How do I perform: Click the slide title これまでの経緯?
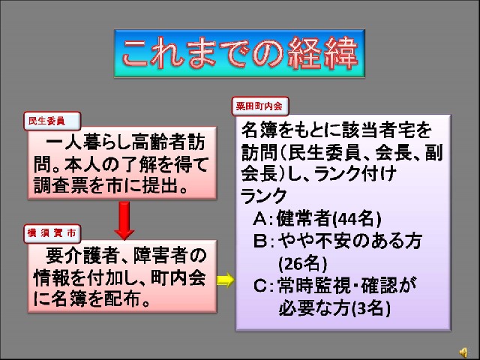pos(240,53)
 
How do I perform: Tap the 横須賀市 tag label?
pos(52,233)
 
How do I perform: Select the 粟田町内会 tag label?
pos(260,106)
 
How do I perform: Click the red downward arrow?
pos(124,220)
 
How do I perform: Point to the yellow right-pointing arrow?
pos(226,280)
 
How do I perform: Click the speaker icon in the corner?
pos(463,352)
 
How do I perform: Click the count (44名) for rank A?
pos(357,218)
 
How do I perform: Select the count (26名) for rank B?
pos(302,263)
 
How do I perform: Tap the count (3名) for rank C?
pos(371,308)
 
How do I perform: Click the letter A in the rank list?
pos(260,219)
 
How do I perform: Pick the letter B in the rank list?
pos(260,241)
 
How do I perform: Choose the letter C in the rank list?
pos(260,286)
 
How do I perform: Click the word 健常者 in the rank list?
pos(304,218)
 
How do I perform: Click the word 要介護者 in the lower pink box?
pos(82,256)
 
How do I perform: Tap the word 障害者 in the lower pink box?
pos(161,256)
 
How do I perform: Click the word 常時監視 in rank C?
pos(313,286)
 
